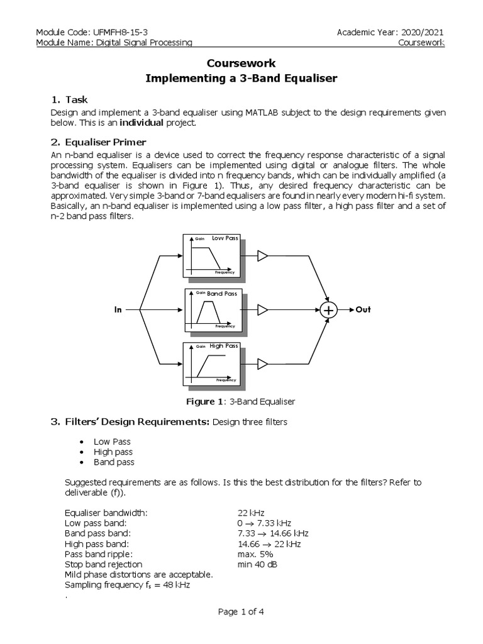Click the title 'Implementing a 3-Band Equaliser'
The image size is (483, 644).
point(241,79)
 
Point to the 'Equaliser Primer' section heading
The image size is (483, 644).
point(106,142)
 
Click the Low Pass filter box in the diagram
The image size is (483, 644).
point(212,255)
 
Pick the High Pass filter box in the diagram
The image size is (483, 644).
point(212,363)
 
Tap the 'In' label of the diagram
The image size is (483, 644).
point(118,310)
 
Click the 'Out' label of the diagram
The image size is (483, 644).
point(364,310)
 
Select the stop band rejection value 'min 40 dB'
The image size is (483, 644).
point(257,564)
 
